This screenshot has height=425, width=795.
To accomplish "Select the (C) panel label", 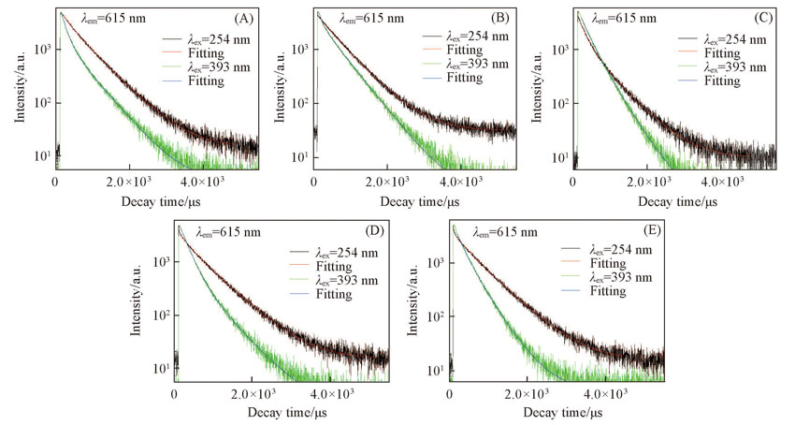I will [759, 18].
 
